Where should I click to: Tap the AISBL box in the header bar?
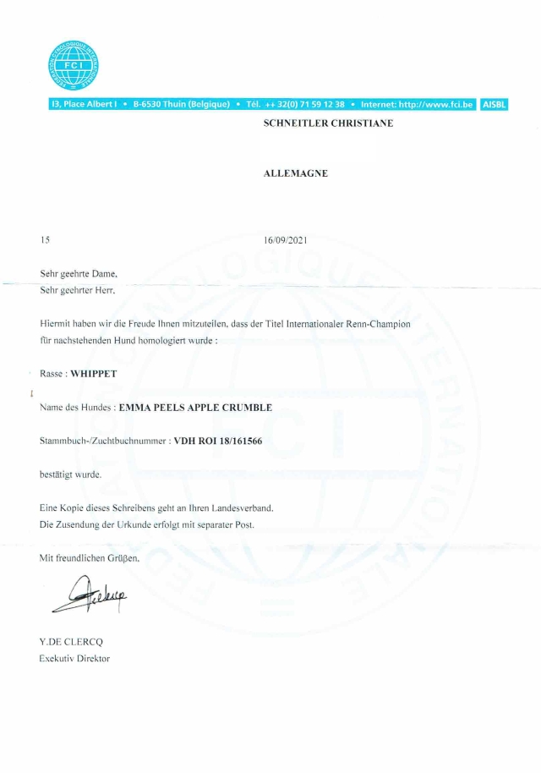tap(494, 104)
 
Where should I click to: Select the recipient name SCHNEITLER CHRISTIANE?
tap(329, 123)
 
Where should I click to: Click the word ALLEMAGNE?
tap(296, 173)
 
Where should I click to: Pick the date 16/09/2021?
tap(286, 240)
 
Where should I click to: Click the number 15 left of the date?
tap(46, 240)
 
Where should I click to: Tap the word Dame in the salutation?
tap(103, 274)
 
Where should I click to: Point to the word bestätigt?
tap(57, 474)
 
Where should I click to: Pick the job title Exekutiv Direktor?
tap(74, 658)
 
